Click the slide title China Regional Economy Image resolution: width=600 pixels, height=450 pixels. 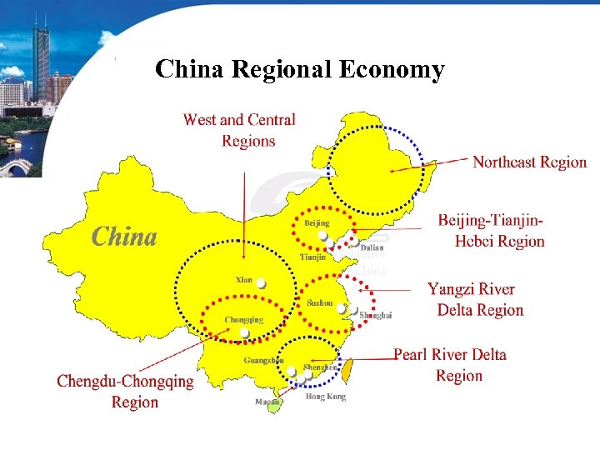tap(300, 69)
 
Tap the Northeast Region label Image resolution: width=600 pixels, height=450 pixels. tap(529, 162)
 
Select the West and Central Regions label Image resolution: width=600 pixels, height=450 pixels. tap(239, 130)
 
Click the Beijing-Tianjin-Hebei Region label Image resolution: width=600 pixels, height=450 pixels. tap(491, 231)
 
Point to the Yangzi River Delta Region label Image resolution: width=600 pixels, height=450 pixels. tap(475, 300)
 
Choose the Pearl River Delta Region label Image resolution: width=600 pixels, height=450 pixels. tap(450, 365)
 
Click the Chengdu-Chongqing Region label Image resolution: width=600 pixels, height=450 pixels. tap(125, 392)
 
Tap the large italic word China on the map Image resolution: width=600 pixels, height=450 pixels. tap(124, 237)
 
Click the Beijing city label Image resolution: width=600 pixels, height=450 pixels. tap(317, 223)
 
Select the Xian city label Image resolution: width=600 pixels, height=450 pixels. tap(244, 279)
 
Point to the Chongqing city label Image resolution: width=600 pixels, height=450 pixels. tap(243, 320)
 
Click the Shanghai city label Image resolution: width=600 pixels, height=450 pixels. tap(375, 315)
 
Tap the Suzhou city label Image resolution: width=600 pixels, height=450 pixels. tap(319, 303)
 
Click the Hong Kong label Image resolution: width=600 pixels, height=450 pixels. tap(325, 397)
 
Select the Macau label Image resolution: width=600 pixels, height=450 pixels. tap(267, 402)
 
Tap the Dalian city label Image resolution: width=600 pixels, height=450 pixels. tap(372, 247)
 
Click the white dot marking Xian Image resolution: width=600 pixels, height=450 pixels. tap(261, 283)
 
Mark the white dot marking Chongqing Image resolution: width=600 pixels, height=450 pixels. tap(244, 332)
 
